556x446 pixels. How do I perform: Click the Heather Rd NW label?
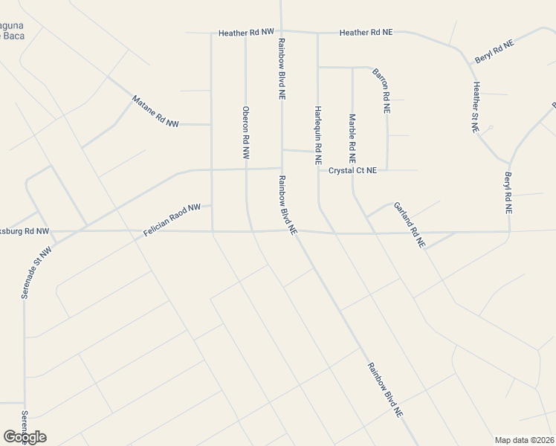246,33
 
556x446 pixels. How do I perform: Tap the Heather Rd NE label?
366,33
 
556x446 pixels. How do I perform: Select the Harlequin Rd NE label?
317,135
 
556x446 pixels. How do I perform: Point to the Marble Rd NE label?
352,138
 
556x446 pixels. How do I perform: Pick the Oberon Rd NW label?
246,132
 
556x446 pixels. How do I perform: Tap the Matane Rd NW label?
155,111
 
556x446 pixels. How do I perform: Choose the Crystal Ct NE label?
352,170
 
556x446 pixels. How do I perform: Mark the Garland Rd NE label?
410,224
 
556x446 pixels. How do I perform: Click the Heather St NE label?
475,107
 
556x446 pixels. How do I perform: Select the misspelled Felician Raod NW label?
172,221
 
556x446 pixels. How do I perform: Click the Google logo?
25,436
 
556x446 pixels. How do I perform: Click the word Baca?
13,35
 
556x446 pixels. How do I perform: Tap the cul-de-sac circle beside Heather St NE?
489,128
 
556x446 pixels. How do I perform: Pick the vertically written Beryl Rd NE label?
508,193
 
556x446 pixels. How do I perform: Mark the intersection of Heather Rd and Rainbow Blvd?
281,32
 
